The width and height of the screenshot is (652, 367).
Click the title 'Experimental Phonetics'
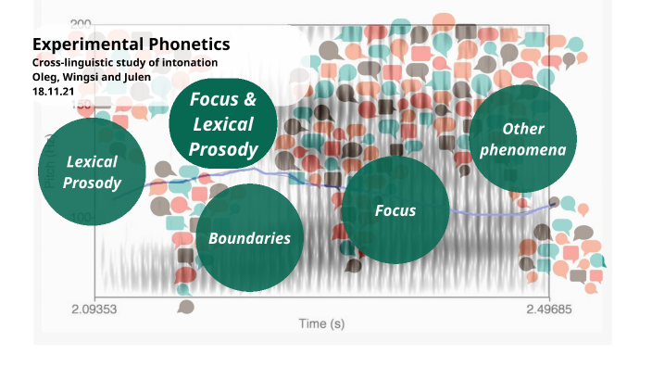[131, 44]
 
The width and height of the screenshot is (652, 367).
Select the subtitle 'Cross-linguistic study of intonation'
[125, 62]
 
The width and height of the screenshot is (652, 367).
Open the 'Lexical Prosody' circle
[93, 172]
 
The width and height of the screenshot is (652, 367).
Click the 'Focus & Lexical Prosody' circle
[223, 124]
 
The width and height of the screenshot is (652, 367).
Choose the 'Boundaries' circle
[249, 238]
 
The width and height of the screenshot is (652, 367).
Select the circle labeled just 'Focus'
[395, 210]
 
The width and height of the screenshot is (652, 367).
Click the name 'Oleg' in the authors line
[46, 76]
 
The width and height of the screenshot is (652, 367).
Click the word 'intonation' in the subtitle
[189, 62]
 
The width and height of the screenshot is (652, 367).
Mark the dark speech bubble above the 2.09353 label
[185, 306]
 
